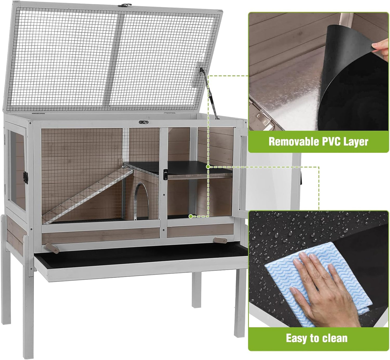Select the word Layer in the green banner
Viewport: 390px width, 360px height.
(x=356, y=142)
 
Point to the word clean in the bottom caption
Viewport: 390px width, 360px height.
(x=335, y=338)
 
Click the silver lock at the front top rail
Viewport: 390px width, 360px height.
(x=144, y=122)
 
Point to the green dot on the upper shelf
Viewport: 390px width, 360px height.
(x=208, y=167)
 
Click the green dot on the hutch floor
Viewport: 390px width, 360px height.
(x=191, y=216)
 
